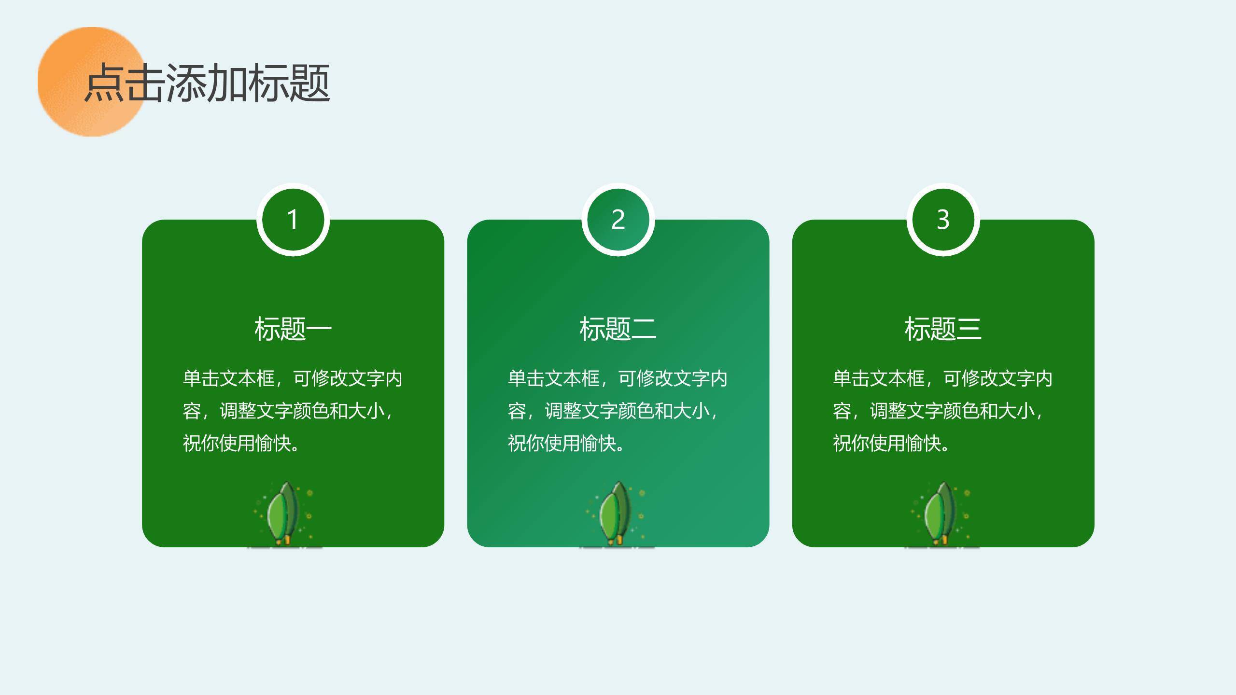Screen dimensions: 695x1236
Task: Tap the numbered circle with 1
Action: pyautogui.click(x=293, y=220)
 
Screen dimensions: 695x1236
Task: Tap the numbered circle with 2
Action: pyautogui.click(x=618, y=220)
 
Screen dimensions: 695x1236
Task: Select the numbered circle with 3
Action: pyautogui.click(x=943, y=220)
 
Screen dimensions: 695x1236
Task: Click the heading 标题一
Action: pyautogui.click(x=293, y=329)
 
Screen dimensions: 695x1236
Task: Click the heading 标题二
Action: pyautogui.click(x=618, y=329)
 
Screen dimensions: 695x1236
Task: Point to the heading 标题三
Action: pyautogui.click(x=943, y=329)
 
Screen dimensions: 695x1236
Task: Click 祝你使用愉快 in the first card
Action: pyautogui.click(x=241, y=443)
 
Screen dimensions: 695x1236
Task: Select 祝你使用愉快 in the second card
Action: pyautogui.click(x=566, y=443)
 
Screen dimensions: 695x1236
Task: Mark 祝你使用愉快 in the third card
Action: pyautogui.click(x=891, y=443)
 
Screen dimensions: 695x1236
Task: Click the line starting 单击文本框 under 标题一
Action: pyautogui.click(x=293, y=378)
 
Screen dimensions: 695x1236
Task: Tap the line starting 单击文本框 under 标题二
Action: pyautogui.click(x=618, y=378)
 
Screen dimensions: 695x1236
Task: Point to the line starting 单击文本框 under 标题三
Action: pyautogui.click(x=942, y=378)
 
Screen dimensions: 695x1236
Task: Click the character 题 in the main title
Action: pyautogui.click(x=310, y=83)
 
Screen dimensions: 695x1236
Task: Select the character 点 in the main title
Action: pyautogui.click(x=104, y=83)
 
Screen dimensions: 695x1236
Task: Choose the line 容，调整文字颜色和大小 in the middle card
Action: pyautogui.click(x=613, y=411)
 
